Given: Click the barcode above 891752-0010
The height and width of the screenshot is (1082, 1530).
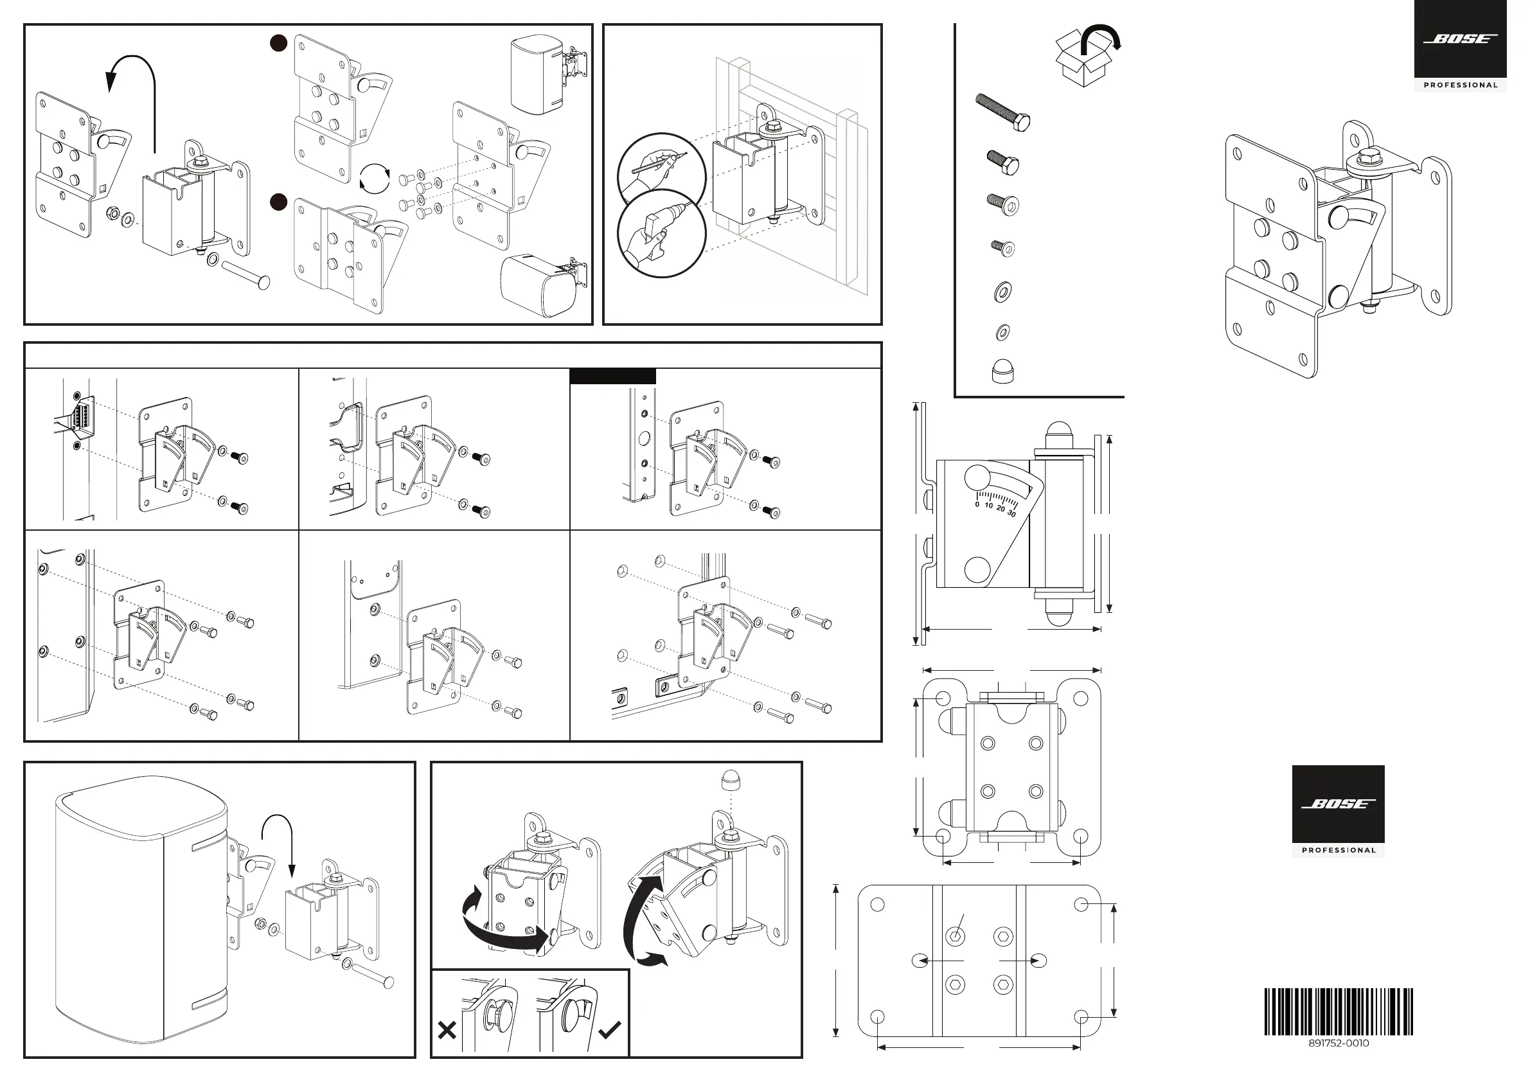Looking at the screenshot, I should coord(1338,1011).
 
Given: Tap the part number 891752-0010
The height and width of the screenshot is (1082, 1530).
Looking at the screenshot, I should coord(1338,1043).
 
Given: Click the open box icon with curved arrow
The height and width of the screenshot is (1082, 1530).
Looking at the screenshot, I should coord(1086,56).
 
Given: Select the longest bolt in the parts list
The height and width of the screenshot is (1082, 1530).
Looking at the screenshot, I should coord(1003,112).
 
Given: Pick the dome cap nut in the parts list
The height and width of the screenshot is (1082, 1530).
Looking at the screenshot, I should coord(1002,372).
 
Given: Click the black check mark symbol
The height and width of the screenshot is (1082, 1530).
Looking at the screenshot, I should coord(610,1030).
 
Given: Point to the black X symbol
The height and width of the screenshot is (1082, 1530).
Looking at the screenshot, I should coord(447,1031).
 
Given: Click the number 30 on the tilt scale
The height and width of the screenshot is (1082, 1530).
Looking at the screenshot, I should coord(1011,513).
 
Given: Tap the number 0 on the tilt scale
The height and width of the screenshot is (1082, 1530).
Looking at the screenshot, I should coord(977,504).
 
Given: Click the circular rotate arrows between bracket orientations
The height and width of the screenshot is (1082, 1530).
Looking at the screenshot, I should coord(374,179).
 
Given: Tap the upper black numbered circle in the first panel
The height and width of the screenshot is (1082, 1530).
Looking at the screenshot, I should coord(278,43).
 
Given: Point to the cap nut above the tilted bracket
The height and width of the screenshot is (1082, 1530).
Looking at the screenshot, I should coord(731,780).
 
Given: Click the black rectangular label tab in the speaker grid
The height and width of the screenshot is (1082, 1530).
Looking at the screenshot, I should coord(612,377).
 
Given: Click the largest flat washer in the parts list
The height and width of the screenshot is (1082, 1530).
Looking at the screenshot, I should coord(1002,291).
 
